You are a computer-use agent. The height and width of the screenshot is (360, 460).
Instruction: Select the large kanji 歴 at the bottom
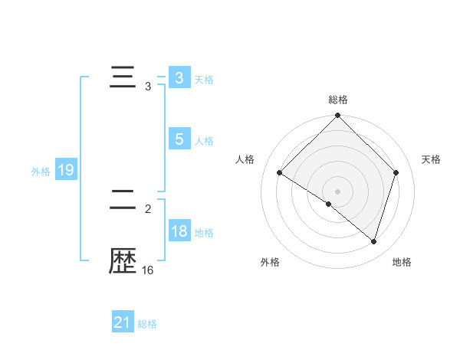123,263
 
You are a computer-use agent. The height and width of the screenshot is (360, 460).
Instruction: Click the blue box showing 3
179,78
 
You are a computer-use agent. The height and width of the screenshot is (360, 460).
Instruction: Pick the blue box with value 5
179,139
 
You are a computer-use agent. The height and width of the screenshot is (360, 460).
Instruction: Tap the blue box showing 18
179,231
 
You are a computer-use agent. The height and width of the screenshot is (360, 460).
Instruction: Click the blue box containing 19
66,170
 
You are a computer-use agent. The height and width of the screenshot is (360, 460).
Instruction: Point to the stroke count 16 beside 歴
148,270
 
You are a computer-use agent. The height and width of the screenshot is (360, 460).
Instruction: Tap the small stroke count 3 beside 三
148,87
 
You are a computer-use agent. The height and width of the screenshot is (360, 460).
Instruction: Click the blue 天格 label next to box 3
204,80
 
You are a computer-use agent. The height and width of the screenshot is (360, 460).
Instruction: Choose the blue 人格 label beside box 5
204,141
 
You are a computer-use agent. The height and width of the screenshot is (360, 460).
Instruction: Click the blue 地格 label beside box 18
204,233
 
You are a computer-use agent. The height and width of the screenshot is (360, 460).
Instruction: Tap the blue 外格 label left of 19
41,172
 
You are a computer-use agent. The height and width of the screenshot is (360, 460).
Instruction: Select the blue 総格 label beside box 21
147,325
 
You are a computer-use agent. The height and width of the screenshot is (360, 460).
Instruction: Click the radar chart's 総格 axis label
338,100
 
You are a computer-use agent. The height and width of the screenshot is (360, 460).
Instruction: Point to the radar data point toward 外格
328,205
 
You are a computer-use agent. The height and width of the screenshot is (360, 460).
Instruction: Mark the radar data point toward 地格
374,242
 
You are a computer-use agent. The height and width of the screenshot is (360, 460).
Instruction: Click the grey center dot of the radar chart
338,191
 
